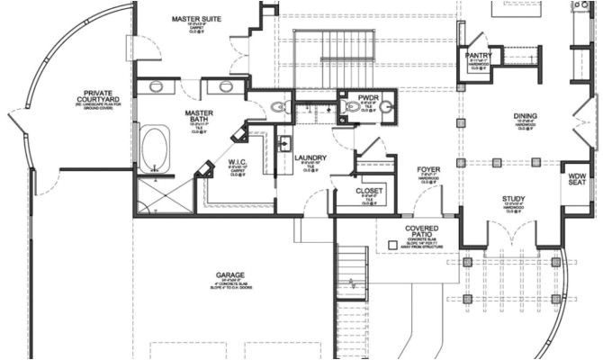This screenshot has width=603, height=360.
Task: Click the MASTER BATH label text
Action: point(198,117)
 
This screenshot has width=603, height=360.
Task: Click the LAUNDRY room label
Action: point(310,157)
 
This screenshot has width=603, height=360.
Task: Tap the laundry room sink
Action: point(283,143)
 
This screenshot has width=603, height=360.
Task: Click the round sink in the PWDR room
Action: point(387,109)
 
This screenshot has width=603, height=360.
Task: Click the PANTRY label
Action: point(477,55)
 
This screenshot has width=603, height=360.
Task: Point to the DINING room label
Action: point(525,116)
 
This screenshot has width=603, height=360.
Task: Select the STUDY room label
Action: point(514,200)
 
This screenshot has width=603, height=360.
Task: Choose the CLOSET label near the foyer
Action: point(370,192)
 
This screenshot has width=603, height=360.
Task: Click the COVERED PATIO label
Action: point(421,232)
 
